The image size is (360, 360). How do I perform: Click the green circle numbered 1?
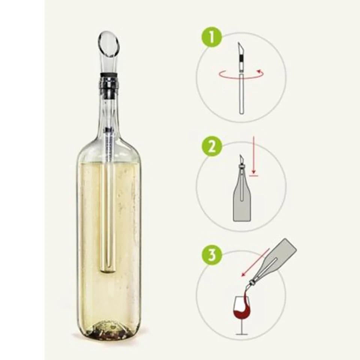[x=212, y=38]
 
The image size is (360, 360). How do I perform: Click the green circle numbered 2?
[x=212, y=147]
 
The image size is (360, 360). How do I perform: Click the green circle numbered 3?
[x=212, y=255]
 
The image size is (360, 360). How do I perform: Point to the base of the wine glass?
[x=243, y=334]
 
